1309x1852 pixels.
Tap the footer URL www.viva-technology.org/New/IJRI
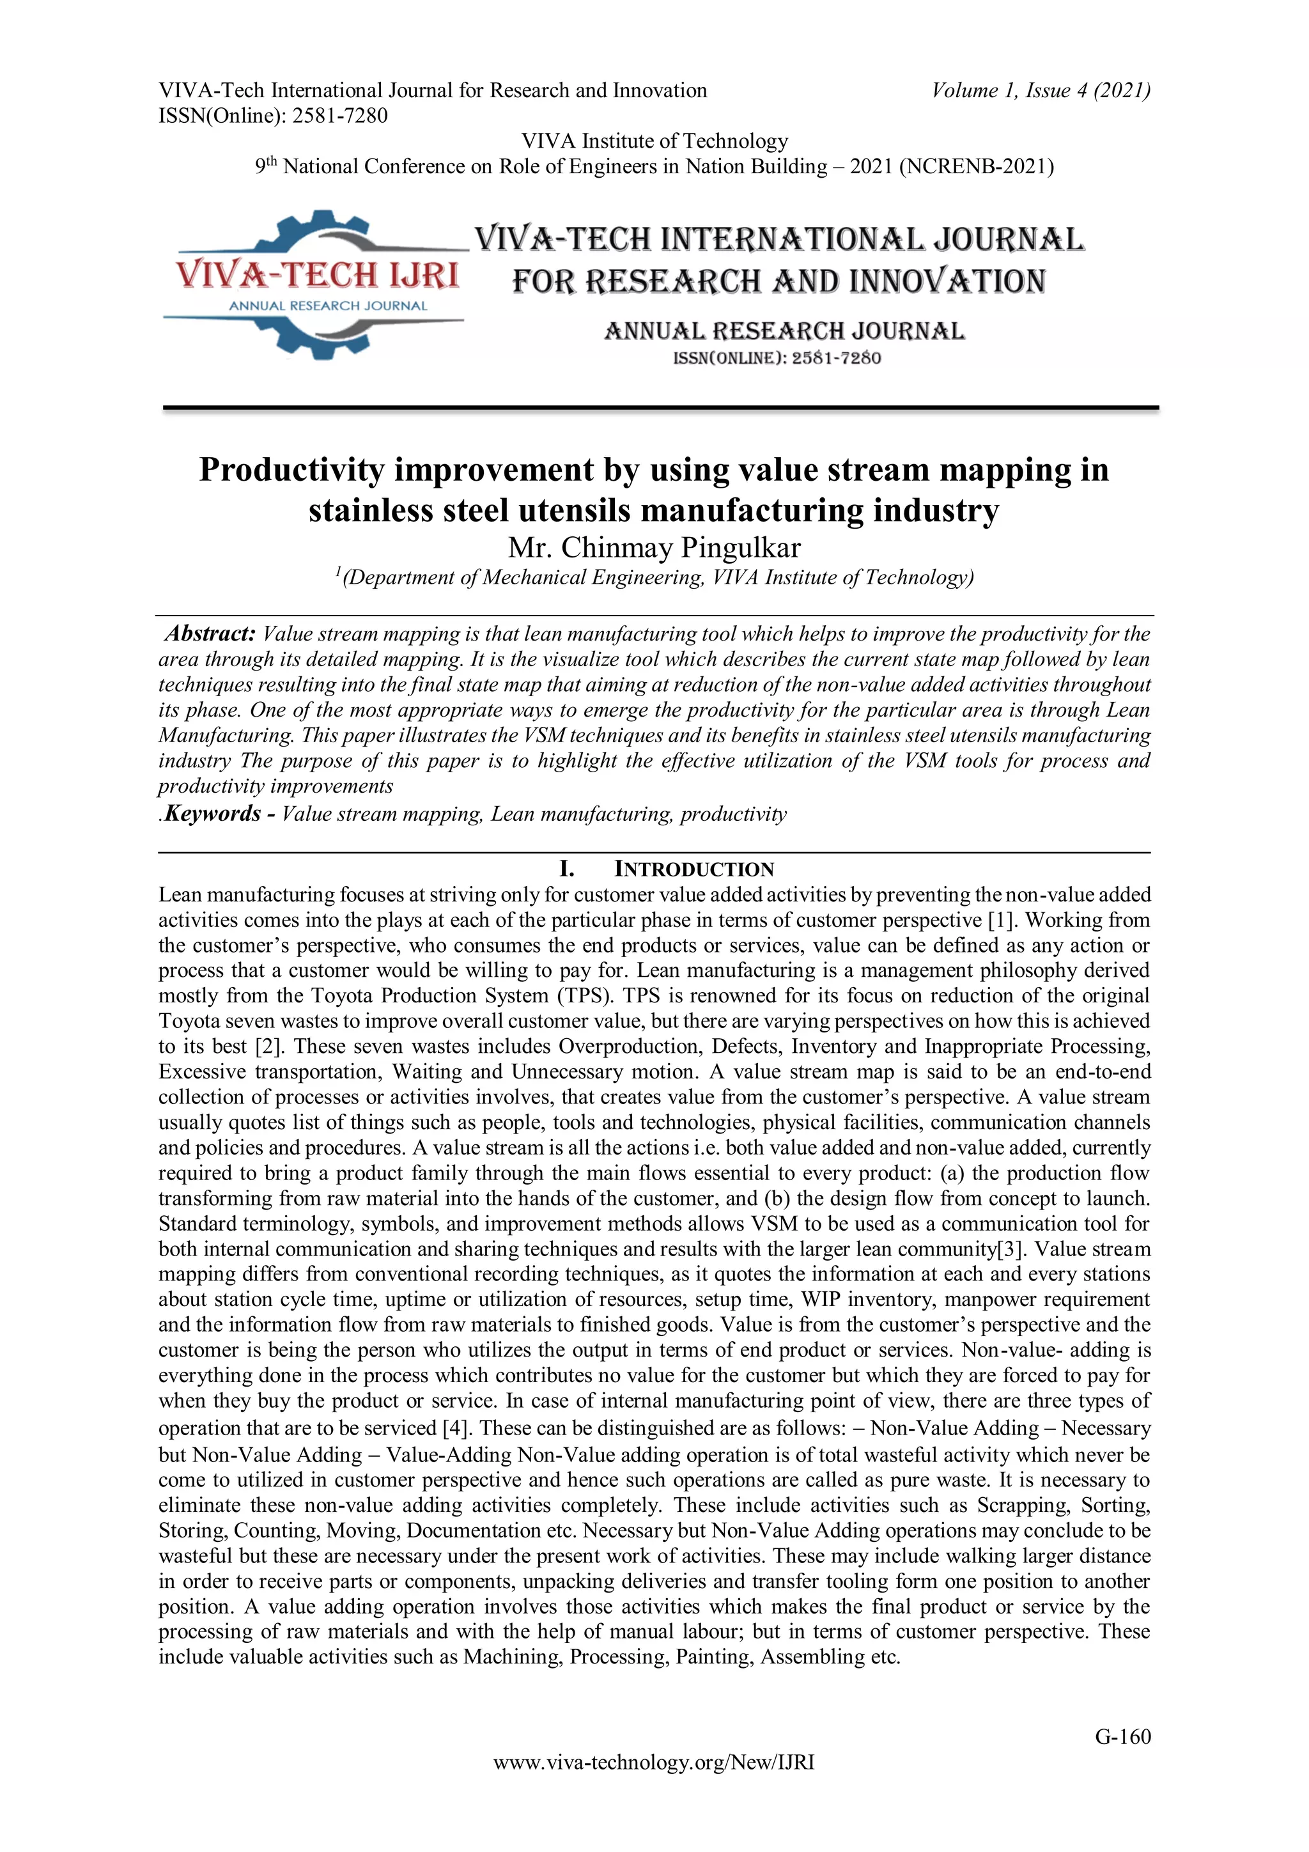point(653,1763)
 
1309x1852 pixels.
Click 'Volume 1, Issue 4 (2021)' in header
point(1041,90)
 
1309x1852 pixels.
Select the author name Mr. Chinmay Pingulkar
point(654,548)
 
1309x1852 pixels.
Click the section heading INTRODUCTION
point(693,869)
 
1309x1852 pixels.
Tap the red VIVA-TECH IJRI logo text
point(318,275)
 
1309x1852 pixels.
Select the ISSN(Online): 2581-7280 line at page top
point(273,116)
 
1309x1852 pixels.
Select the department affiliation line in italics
point(654,577)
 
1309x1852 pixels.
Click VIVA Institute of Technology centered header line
point(654,141)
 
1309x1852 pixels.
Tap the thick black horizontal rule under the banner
point(660,408)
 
